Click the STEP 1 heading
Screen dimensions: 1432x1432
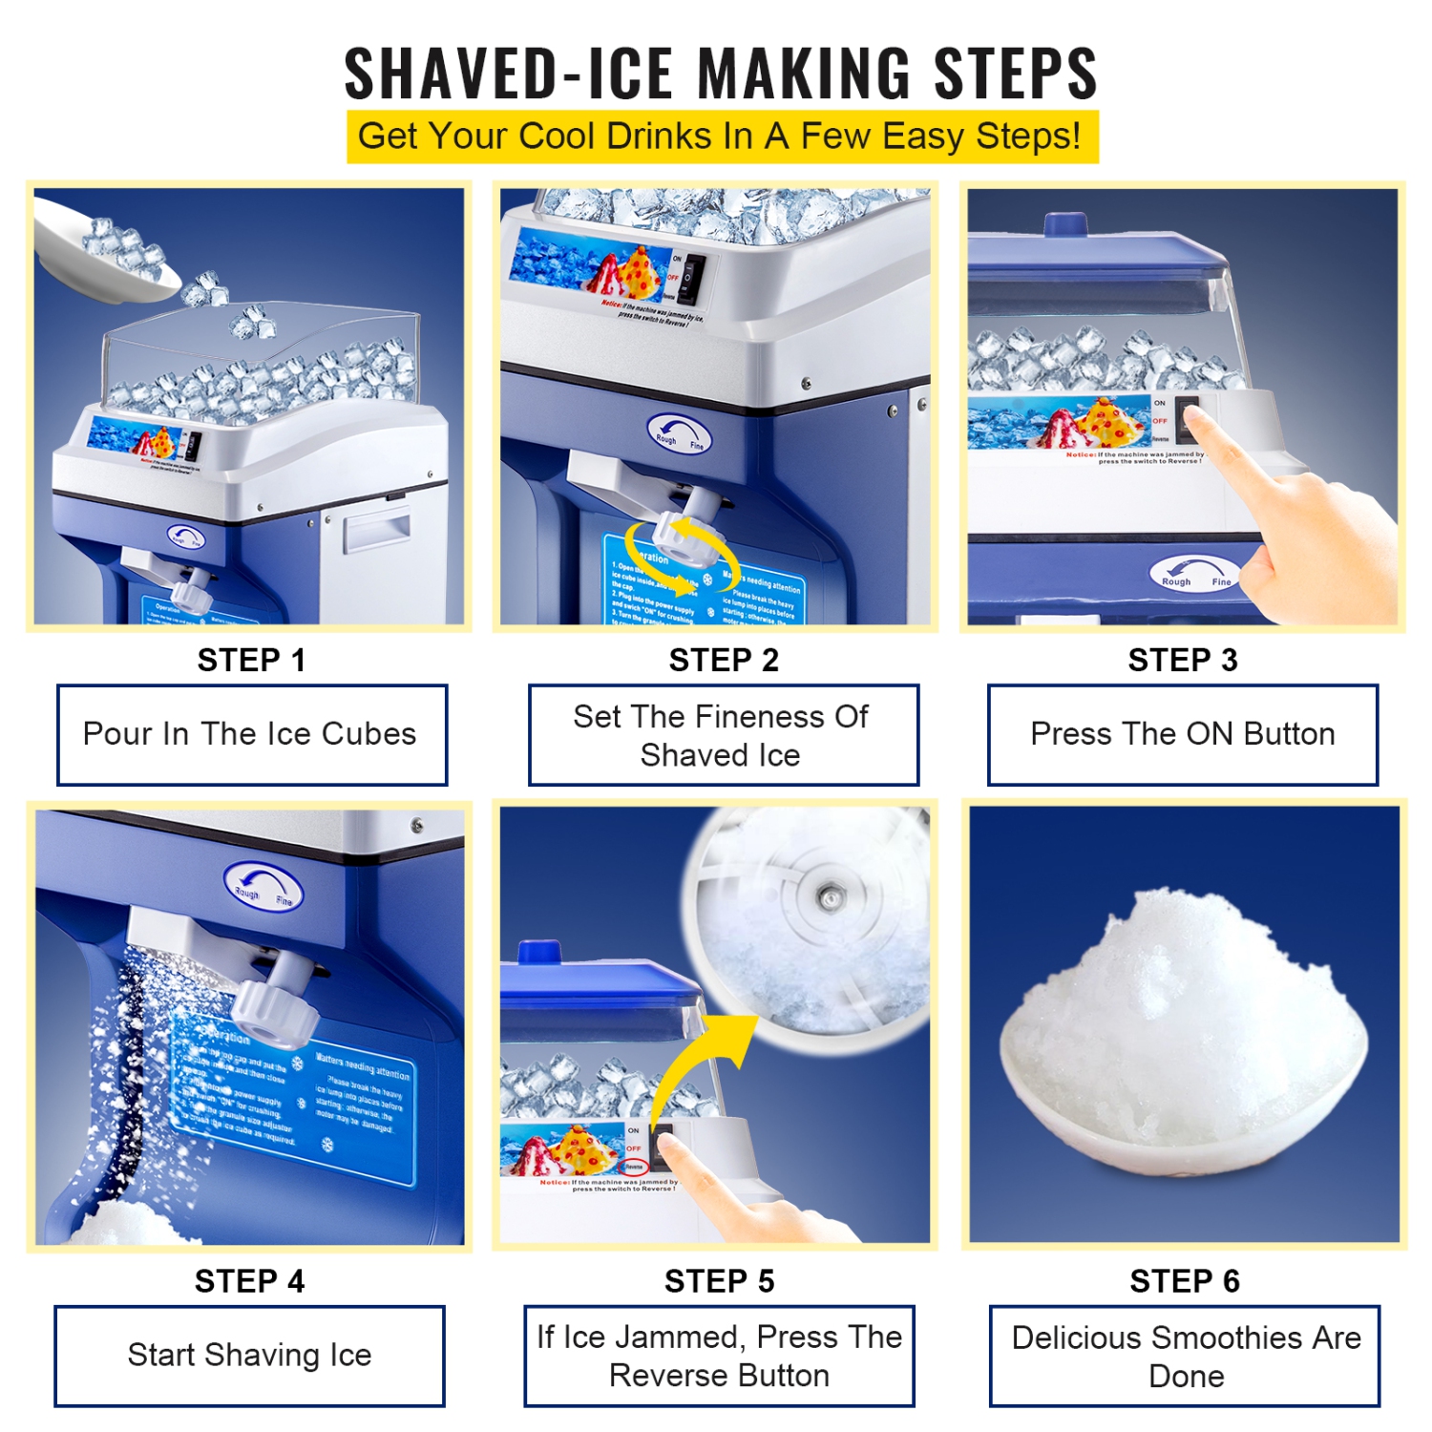pos(251,660)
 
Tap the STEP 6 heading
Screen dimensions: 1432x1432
pos(1184,1280)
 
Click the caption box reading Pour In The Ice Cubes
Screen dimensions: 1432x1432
pos(251,734)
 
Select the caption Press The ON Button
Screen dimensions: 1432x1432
pos(1182,734)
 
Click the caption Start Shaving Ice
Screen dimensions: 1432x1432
pos(249,1355)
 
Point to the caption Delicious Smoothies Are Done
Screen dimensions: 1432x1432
pos(1185,1356)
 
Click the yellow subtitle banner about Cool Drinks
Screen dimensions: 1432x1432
pos(722,137)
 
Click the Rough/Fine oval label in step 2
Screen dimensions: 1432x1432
pos(679,434)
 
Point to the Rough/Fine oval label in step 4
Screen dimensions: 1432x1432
pos(263,887)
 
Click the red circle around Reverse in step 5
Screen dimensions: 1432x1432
pos(635,1167)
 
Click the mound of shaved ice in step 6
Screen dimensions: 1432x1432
pos(1184,1012)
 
